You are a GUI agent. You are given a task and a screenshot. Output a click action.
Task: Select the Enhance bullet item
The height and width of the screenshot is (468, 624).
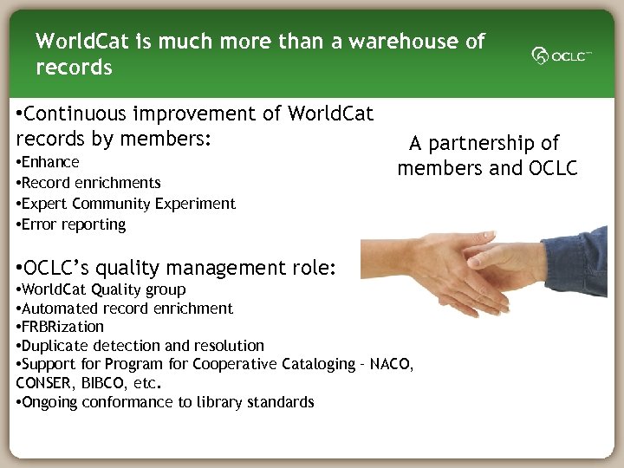tap(50, 162)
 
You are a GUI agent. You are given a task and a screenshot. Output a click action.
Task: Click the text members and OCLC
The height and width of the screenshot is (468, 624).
tap(487, 168)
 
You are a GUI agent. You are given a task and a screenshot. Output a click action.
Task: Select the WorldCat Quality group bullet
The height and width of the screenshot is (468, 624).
tap(102, 289)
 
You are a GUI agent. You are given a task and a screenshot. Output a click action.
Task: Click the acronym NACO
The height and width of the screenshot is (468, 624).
tap(391, 364)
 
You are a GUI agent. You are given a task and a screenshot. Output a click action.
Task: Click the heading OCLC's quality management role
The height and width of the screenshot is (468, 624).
tap(177, 267)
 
